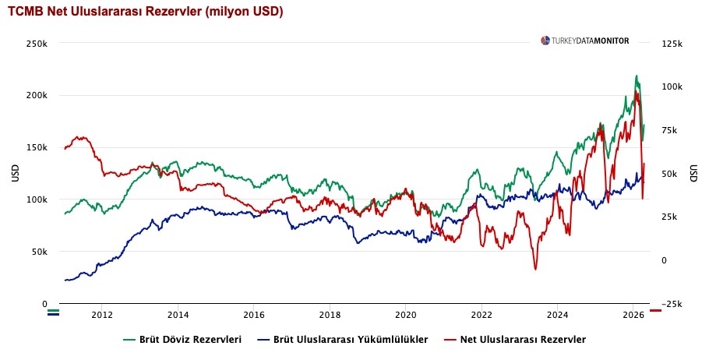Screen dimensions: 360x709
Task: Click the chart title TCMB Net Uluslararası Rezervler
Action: pos(145,12)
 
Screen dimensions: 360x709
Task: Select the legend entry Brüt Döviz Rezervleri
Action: pos(183,340)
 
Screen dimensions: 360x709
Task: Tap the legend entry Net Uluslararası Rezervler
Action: pos(515,340)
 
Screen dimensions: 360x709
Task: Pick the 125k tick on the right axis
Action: pos(672,44)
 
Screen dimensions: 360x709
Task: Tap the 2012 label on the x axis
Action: pos(102,315)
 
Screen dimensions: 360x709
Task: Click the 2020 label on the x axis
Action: pos(405,315)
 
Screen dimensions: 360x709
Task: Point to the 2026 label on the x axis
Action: pos(633,315)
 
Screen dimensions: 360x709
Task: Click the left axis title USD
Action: pos(16,174)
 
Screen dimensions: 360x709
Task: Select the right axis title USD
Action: pos(693,174)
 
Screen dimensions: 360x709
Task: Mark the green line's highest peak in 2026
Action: pos(637,76)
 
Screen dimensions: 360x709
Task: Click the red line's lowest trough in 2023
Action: pos(535,270)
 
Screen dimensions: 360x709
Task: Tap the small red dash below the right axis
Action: pos(655,311)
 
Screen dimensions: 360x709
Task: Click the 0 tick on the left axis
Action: pos(44,304)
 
